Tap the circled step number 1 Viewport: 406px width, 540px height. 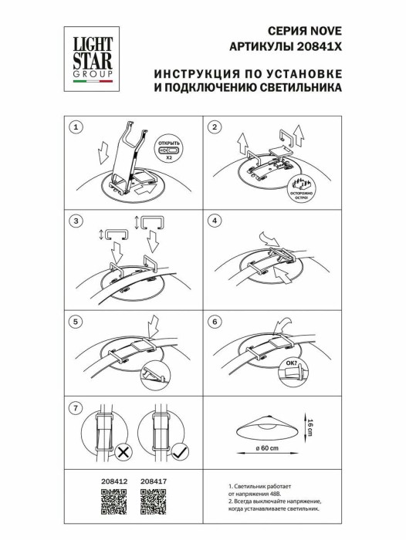pyautogui.click(x=76, y=127)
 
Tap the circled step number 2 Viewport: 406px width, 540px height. pyautogui.click(x=216, y=127)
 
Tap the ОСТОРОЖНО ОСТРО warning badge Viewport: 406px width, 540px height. pyautogui.click(x=303, y=188)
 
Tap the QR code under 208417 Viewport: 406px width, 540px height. pyautogui.click(x=154, y=502)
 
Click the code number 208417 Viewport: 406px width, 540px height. pyautogui.click(x=154, y=482)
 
